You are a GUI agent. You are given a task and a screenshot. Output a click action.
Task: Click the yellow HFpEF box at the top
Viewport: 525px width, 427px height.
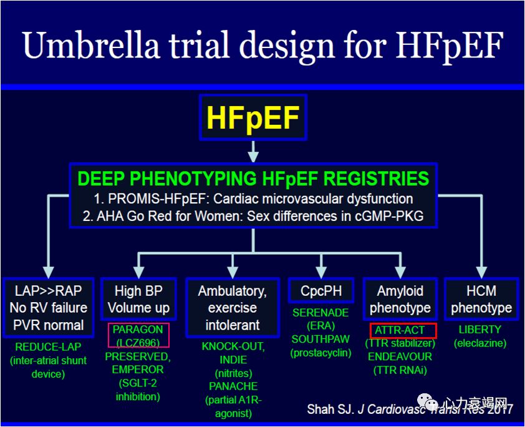pyautogui.click(x=253, y=117)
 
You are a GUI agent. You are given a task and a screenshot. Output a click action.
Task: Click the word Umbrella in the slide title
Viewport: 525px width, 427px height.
pyautogui.click(x=90, y=45)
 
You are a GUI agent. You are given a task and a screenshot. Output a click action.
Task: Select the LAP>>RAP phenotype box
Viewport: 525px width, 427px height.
pyautogui.click(x=49, y=307)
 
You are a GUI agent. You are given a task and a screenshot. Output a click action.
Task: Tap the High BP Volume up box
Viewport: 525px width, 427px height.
pyautogui.click(x=138, y=299)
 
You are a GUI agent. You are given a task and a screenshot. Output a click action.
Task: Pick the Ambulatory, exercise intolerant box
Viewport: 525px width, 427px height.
pyautogui.click(x=233, y=307)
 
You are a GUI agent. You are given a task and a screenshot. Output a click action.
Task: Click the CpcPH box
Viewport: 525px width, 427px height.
pyautogui.click(x=321, y=290)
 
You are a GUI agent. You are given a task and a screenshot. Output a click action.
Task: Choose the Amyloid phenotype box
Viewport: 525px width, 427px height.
pyautogui.click(x=400, y=299)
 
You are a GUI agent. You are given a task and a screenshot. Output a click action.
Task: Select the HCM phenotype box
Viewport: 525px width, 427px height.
pyautogui.click(x=481, y=299)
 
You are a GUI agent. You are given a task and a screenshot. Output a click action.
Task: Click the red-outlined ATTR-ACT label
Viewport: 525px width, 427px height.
pyautogui.click(x=403, y=330)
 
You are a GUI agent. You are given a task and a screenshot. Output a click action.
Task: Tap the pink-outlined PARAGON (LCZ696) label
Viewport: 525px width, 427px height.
pyautogui.click(x=138, y=335)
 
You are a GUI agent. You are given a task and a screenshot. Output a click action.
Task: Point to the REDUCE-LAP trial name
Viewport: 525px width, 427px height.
pyautogui.click(x=48, y=347)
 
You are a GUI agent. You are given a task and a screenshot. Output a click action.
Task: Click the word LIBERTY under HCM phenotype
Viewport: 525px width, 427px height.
pyautogui.click(x=480, y=330)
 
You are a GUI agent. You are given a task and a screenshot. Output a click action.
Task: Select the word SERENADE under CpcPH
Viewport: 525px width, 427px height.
pyautogui.click(x=320, y=313)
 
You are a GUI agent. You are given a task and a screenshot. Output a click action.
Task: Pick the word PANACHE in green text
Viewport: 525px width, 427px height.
pyautogui.click(x=233, y=386)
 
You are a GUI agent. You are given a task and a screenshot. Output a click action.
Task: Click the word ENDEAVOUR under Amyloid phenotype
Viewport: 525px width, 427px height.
pyautogui.click(x=400, y=356)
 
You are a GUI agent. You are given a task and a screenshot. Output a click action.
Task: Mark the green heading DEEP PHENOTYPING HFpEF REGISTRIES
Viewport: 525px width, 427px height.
pyautogui.click(x=253, y=179)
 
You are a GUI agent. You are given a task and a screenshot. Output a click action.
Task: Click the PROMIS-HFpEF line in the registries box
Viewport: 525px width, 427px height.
pyautogui.click(x=253, y=199)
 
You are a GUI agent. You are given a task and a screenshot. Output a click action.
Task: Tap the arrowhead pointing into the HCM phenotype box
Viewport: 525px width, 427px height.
pyautogui.click(x=481, y=272)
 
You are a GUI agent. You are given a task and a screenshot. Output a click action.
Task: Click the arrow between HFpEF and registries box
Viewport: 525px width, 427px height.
pyautogui.click(x=253, y=152)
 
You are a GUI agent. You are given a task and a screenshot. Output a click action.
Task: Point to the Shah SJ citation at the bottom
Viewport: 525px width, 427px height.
pyautogui.click(x=410, y=409)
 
